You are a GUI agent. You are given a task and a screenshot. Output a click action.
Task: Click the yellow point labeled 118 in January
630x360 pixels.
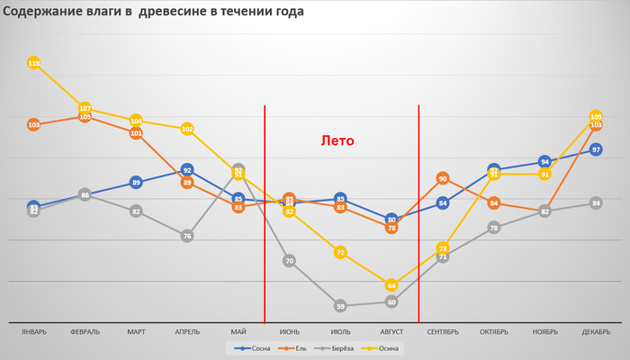(x=33, y=63)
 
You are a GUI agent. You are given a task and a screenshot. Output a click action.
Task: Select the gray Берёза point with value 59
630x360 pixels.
(x=340, y=306)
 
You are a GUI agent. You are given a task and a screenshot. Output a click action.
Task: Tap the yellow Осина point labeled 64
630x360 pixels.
(x=391, y=285)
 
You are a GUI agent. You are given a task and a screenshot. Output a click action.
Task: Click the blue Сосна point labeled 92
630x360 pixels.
(x=187, y=169)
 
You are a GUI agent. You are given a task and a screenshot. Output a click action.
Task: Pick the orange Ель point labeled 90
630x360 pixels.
(x=443, y=178)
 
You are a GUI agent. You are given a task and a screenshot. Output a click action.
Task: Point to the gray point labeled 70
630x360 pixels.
(x=289, y=261)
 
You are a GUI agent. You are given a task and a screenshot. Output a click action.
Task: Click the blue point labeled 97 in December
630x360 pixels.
(x=596, y=149)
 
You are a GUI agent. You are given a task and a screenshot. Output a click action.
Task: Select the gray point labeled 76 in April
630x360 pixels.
(x=187, y=236)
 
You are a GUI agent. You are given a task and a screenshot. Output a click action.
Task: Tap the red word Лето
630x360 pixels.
(x=338, y=141)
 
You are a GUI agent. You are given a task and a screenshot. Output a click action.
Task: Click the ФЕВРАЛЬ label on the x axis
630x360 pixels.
(x=85, y=332)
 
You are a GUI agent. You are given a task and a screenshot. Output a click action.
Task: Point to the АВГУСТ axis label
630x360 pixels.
(x=391, y=332)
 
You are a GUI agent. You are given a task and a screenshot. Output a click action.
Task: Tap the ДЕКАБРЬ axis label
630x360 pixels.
(x=596, y=332)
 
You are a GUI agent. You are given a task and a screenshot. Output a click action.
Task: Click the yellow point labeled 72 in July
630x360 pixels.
(x=340, y=253)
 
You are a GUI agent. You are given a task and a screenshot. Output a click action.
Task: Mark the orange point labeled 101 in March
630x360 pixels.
(x=136, y=133)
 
